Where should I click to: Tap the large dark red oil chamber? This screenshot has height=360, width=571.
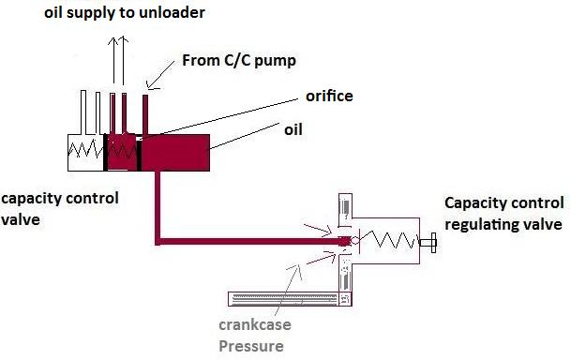coord(178,152)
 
